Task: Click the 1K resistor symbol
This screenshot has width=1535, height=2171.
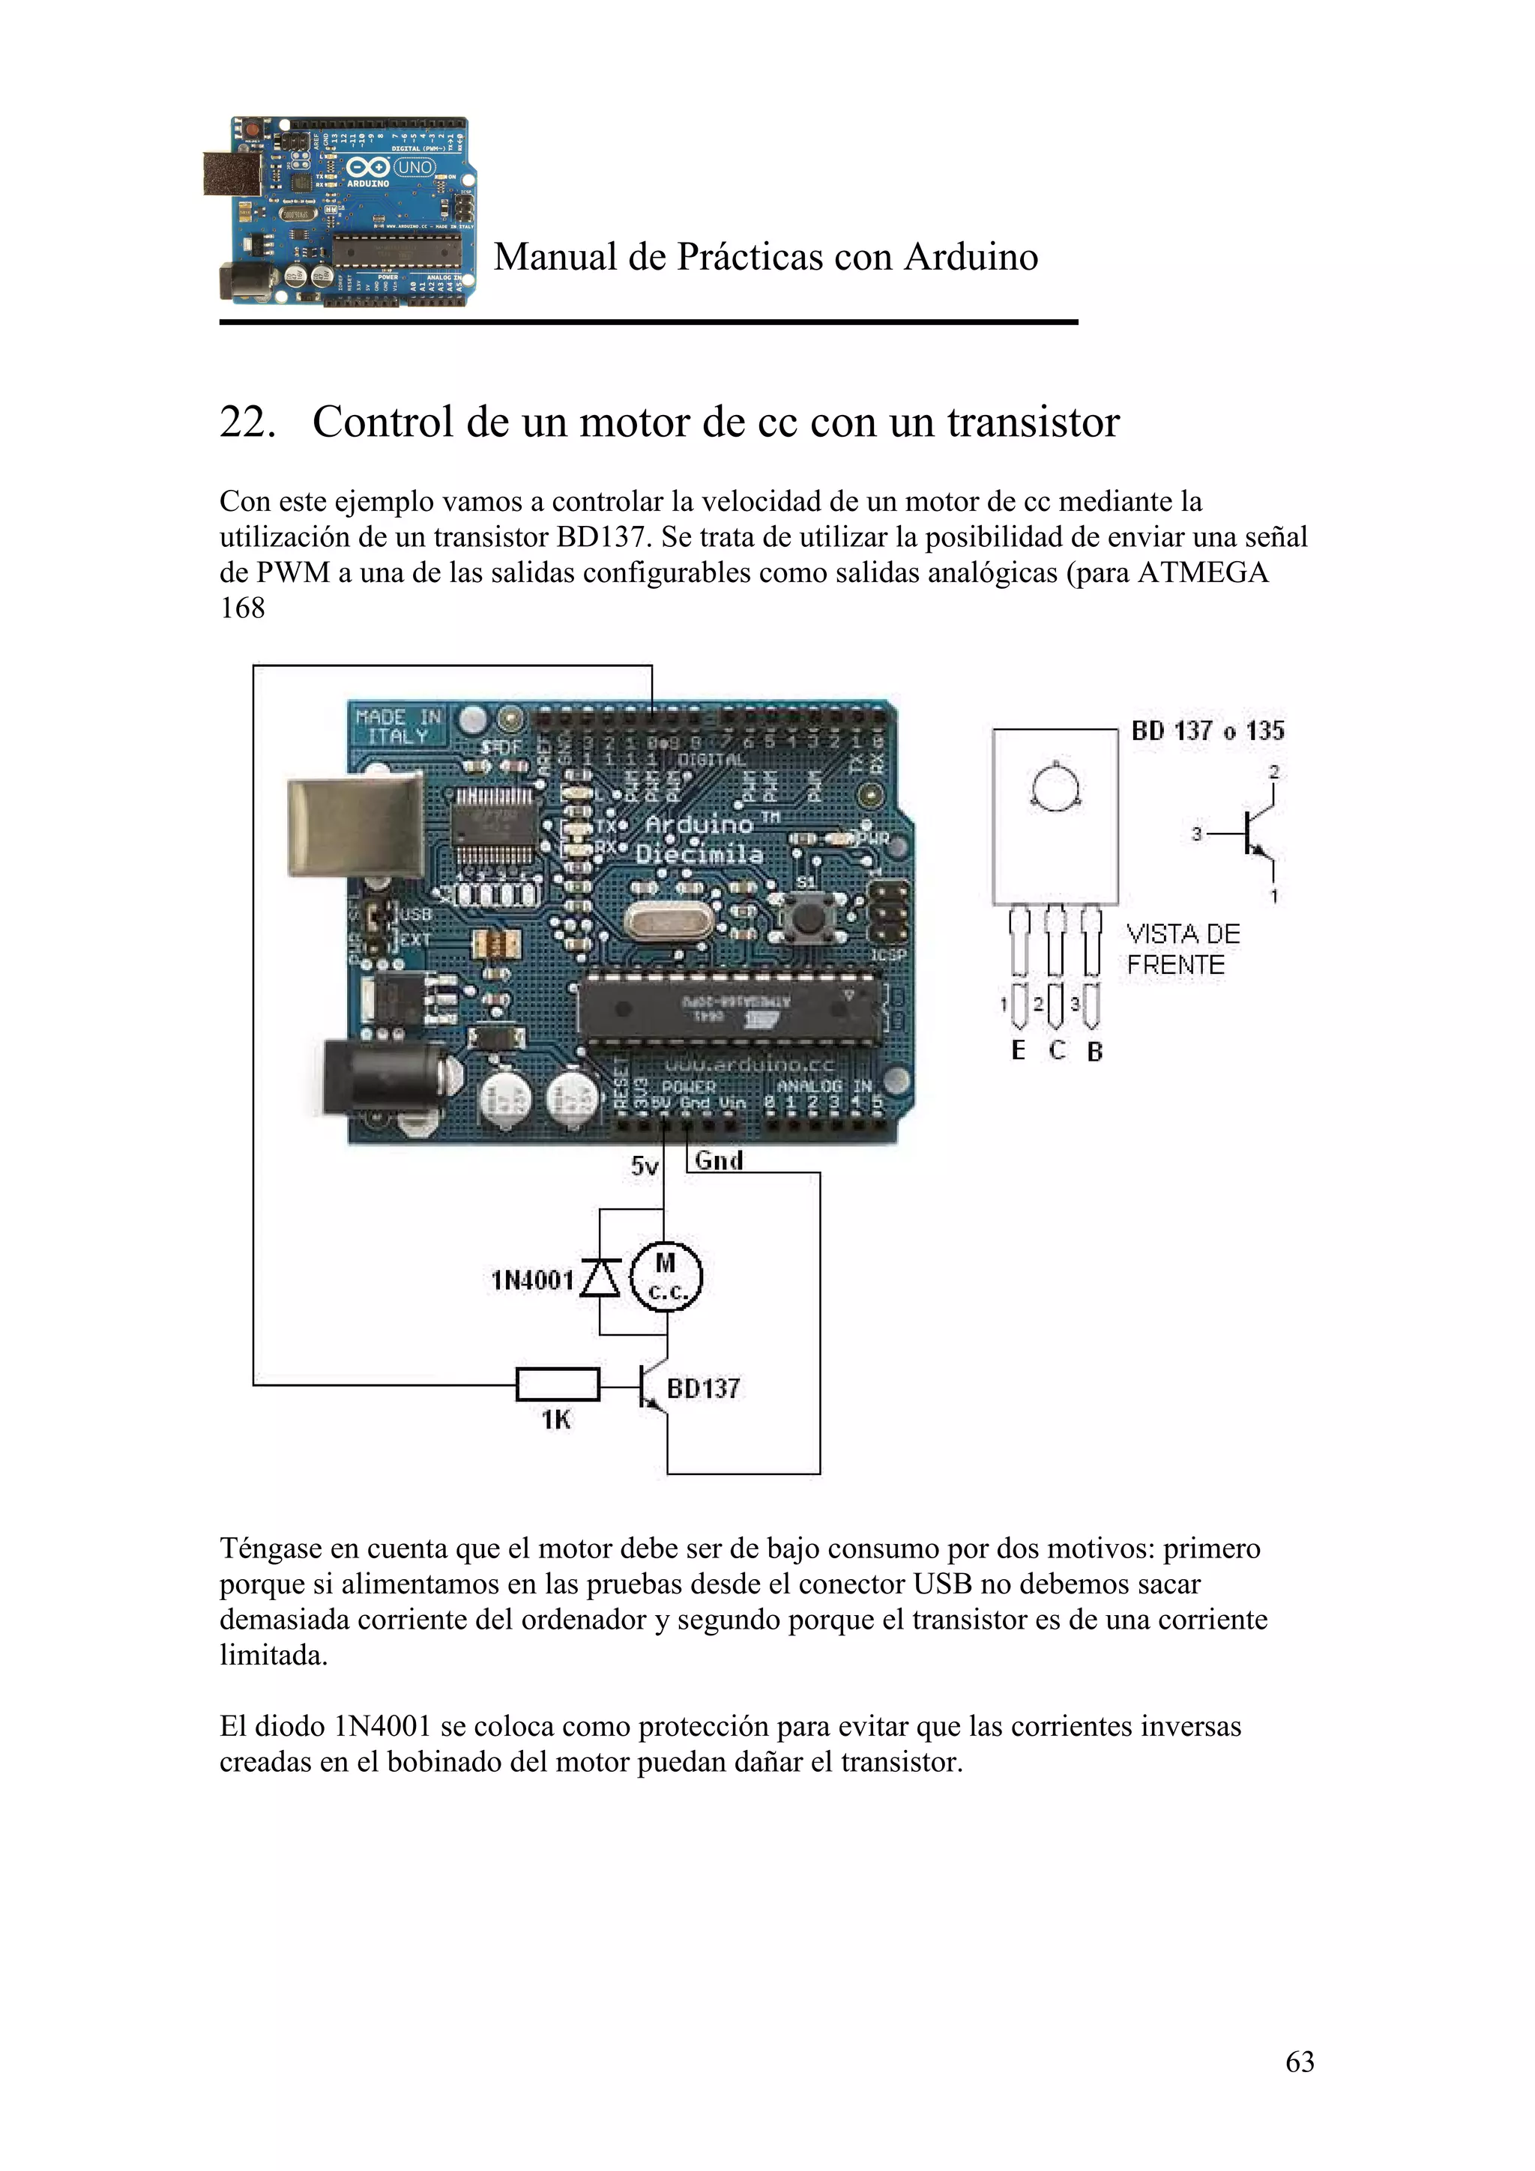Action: coord(557,1385)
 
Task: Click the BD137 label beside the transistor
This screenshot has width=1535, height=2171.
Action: coord(703,1388)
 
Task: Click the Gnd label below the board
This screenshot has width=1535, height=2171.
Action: coord(719,1160)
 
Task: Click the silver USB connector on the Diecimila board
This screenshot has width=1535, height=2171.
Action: coord(357,825)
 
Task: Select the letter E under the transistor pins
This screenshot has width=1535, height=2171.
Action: coord(1018,1050)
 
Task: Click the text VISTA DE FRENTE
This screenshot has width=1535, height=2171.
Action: coord(1182,949)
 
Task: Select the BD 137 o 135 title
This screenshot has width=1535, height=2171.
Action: coord(1207,731)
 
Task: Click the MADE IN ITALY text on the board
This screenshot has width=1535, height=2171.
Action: coord(398,726)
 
